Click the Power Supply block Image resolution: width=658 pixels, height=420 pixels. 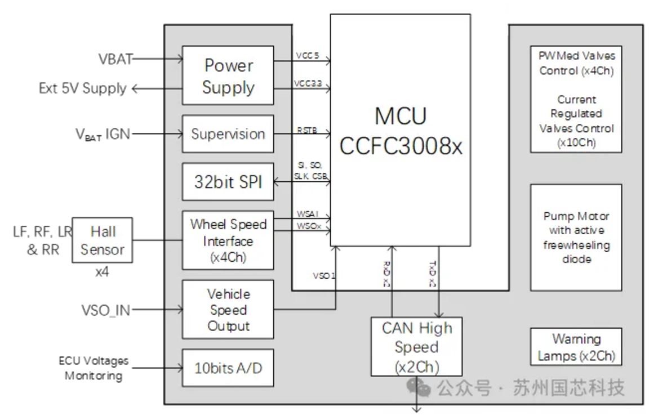click(x=228, y=75)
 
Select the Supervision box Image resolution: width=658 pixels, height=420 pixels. click(x=228, y=134)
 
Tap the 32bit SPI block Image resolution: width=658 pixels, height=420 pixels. click(x=228, y=182)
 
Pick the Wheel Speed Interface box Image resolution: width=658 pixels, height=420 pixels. click(x=228, y=240)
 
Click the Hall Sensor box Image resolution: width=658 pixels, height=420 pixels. click(x=103, y=240)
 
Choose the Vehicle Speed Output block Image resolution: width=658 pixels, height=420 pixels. click(x=228, y=310)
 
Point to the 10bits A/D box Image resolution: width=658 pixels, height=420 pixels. click(x=228, y=368)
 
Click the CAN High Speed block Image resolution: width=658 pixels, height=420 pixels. click(x=416, y=347)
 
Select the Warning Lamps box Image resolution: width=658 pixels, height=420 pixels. click(x=576, y=347)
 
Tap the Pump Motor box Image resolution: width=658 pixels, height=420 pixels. click(x=576, y=238)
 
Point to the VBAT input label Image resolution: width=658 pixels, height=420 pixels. click(x=115, y=59)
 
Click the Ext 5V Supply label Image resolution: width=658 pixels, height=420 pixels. click(x=83, y=88)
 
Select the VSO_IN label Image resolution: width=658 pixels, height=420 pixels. click(x=105, y=310)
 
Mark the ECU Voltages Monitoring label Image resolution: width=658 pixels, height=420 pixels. click(x=94, y=368)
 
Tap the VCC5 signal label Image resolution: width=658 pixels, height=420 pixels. click(x=307, y=55)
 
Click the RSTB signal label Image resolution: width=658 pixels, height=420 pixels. click(x=307, y=131)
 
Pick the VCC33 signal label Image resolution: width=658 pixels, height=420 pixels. click(x=307, y=84)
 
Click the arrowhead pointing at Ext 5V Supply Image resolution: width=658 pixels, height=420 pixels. click(x=136, y=88)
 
